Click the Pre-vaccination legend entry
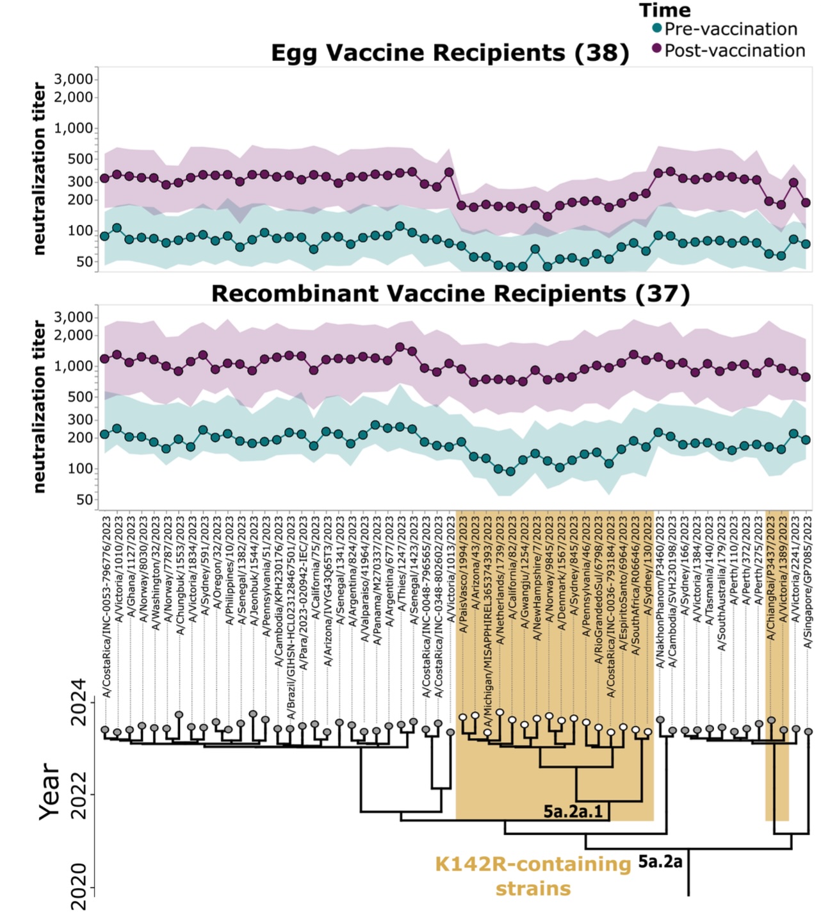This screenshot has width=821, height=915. (x=730, y=29)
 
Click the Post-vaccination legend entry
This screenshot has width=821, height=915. (x=734, y=50)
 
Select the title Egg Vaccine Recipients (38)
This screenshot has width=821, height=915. (x=450, y=53)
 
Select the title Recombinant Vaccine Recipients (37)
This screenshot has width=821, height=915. (x=450, y=293)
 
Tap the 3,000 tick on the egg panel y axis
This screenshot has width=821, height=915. (x=73, y=79)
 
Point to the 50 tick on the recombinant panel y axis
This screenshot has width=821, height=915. (x=85, y=500)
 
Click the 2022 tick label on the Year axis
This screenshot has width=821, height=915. (x=79, y=795)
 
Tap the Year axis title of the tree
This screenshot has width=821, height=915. (x=49, y=792)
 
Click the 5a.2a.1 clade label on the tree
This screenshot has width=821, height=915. (x=573, y=812)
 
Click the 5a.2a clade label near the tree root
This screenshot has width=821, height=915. (x=660, y=862)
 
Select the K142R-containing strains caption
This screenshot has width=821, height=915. (x=533, y=876)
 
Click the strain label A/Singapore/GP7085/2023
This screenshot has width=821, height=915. (x=808, y=582)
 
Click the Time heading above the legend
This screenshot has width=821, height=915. (x=665, y=10)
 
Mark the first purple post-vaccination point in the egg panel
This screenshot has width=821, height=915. (x=105, y=177)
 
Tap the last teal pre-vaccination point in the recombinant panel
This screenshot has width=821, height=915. (x=806, y=440)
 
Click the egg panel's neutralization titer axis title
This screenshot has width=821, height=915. (x=40, y=169)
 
